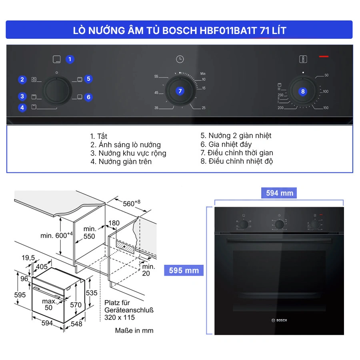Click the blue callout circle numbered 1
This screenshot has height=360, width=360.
pyautogui.click(x=70, y=59)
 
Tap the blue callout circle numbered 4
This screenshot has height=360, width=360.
pyautogui.click(x=22, y=108)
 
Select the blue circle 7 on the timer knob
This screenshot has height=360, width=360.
pyautogui.click(x=180, y=91)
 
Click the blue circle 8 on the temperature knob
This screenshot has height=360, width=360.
pyautogui.click(x=303, y=92)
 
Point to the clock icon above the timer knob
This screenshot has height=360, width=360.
pyautogui.click(x=180, y=59)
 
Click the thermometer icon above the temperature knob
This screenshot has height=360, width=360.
pyautogui.click(x=303, y=59)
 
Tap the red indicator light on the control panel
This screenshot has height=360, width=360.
pyautogui.click(x=324, y=56)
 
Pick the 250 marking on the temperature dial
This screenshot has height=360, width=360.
pyautogui.click(x=280, y=95)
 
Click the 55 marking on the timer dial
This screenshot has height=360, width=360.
pyautogui.click(x=156, y=76)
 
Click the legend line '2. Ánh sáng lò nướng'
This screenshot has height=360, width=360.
pyautogui.click(x=125, y=145)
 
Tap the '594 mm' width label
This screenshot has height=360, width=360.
pyautogui.click(x=279, y=193)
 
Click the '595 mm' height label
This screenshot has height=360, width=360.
pyautogui.click(x=184, y=270)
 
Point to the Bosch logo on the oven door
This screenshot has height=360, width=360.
pyautogui.click(x=279, y=320)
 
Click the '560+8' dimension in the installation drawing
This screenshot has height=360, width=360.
pyautogui.click(x=131, y=203)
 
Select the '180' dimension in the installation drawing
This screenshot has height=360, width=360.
pyautogui.click(x=114, y=223)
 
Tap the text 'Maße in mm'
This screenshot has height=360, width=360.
pyautogui.click(x=134, y=331)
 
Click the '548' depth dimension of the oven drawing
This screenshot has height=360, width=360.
pyautogui.click(x=76, y=324)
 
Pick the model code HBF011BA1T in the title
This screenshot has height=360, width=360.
pyautogui.click(x=228, y=30)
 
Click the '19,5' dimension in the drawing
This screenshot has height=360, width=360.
pyautogui.click(x=28, y=258)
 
